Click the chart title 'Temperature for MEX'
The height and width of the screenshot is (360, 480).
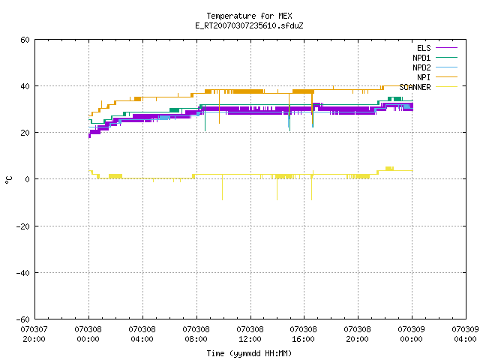(249, 16)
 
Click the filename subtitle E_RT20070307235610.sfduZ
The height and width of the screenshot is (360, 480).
(249, 25)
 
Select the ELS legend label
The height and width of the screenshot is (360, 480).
(424, 48)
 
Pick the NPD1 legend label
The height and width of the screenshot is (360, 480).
(421, 58)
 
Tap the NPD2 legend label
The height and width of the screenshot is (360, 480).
(421, 67)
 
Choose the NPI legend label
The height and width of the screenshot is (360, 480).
(424, 77)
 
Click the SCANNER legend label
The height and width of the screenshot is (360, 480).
(415, 87)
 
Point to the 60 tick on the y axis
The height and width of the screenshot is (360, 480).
(25, 40)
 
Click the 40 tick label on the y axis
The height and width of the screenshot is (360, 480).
(25, 86)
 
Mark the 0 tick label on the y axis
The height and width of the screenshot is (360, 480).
(28, 179)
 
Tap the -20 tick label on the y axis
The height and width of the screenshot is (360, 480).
(23, 226)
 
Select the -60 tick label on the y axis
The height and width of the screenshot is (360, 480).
(23, 319)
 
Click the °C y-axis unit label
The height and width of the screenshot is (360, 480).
(8, 180)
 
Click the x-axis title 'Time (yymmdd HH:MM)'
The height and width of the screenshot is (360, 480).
(249, 353)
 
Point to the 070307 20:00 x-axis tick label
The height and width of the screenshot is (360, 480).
(34, 334)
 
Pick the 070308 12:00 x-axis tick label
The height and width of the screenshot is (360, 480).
(250, 334)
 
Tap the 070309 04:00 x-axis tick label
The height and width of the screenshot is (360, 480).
(465, 334)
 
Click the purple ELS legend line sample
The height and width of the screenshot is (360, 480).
(446, 48)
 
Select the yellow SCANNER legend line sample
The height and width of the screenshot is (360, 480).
(446, 87)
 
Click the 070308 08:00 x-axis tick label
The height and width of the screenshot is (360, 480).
(196, 334)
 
